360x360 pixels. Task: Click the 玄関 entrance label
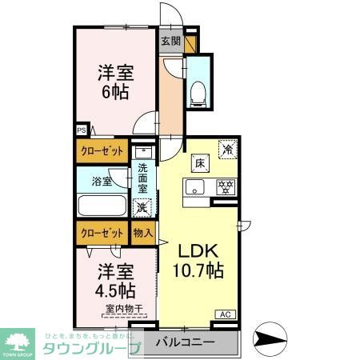pos(170,41)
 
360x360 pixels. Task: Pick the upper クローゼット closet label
pos(101,149)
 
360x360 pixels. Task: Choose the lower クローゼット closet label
pos(101,233)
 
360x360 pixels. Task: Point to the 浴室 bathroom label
pos(101,181)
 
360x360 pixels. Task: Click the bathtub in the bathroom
pos(101,206)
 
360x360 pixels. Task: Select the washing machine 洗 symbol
pos(142,207)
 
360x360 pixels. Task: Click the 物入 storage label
pos(142,233)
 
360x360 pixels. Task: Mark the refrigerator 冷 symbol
pos(228,149)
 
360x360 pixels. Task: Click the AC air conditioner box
pos(224,314)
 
